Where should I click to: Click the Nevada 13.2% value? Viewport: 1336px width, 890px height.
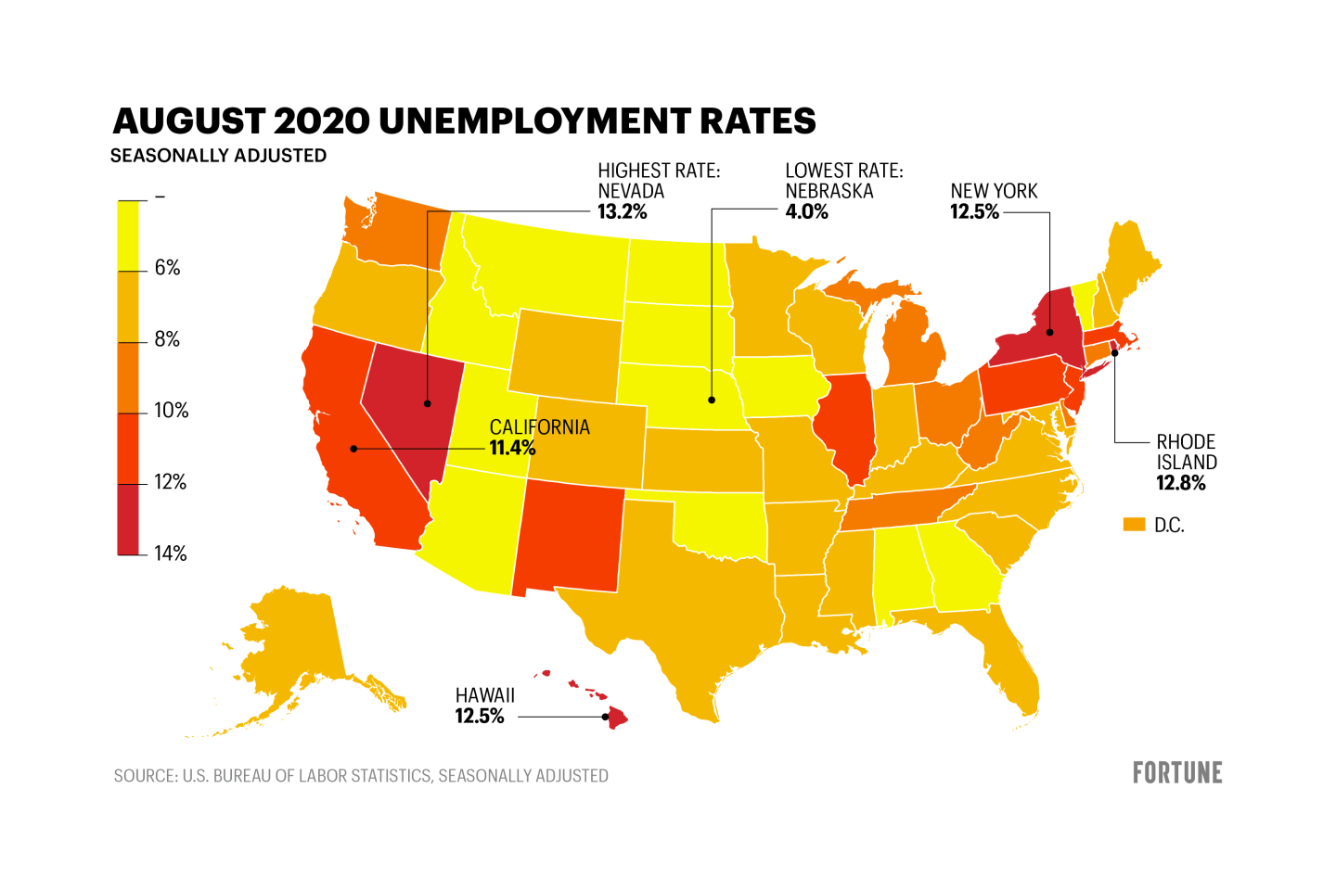coord(622,211)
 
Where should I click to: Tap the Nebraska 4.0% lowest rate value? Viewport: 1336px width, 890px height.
coord(806,211)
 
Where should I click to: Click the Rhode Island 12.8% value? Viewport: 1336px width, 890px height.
coord(1180,483)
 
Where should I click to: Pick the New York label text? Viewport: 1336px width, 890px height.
coord(994,191)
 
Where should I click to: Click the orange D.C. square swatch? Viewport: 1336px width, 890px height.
coord(1134,525)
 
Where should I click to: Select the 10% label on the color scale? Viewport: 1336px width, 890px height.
coord(171,411)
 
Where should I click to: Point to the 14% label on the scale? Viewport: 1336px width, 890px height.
coord(170,553)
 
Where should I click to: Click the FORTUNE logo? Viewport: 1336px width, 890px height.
coord(1176,773)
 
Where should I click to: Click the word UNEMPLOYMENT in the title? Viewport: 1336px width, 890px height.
coord(534,121)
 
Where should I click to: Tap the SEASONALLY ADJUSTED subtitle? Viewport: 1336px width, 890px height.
coord(218,156)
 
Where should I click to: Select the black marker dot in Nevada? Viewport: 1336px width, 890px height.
coord(428,403)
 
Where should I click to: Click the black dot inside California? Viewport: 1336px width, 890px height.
coord(353,449)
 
